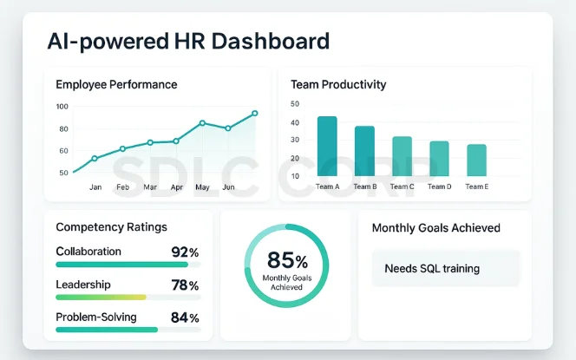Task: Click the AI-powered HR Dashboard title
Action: (x=176, y=41)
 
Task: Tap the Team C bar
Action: (x=402, y=156)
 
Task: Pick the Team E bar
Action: (x=476, y=160)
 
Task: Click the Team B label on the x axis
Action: (x=364, y=187)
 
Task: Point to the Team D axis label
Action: (x=439, y=187)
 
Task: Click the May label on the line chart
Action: (x=202, y=187)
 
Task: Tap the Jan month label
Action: (x=95, y=187)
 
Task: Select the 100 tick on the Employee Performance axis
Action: (x=62, y=107)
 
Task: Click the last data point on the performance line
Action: (x=255, y=113)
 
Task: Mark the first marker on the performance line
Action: (x=95, y=158)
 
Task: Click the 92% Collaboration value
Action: (x=185, y=252)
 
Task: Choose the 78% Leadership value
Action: (x=185, y=285)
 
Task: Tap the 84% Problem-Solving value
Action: (x=185, y=317)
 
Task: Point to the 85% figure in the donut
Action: (x=287, y=259)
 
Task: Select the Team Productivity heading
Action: (x=339, y=85)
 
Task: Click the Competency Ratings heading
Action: (x=111, y=227)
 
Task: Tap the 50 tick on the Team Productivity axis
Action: (x=295, y=104)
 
